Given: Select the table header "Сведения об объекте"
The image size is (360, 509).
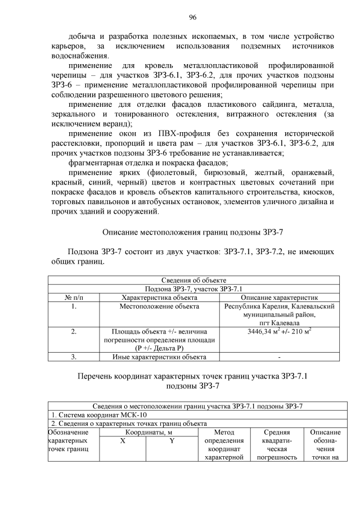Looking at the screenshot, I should pos(194,281).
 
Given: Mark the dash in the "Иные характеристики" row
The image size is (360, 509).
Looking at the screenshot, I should pos(280,357).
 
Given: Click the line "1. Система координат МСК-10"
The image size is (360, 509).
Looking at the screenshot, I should pos(92,415).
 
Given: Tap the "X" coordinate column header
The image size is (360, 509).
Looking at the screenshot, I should pos(121,442).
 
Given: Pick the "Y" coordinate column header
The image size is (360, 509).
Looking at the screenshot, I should pos(171,442).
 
